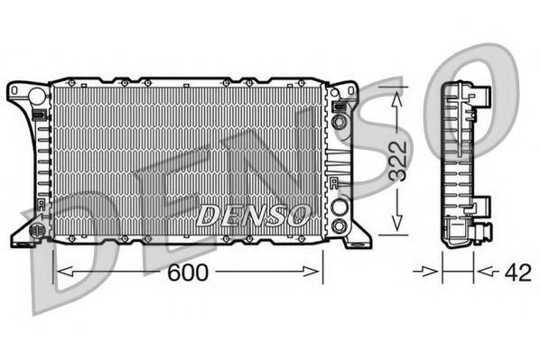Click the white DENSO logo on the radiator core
pos(254,215)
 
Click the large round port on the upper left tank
pos(36,95)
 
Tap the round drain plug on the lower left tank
pos(38,230)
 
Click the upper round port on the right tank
pos(339,121)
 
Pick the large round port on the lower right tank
pos(339,207)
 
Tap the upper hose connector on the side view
pos(479,97)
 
